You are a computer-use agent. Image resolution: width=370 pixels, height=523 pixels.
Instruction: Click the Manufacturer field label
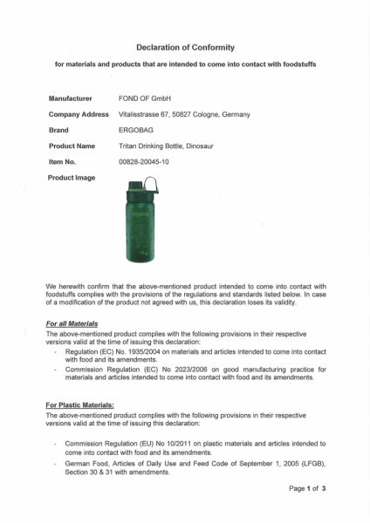pyautogui.click(x=71, y=98)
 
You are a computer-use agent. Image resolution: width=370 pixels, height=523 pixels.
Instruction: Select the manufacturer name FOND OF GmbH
pyautogui.click(x=144, y=98)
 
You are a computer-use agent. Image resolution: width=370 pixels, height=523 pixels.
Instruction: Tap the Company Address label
pyautogui.click(x=79, y=114)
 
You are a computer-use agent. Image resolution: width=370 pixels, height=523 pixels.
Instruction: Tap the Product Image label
pyautogui.click(x=72, y=177)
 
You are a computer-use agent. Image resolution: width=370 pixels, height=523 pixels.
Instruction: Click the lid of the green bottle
pyautogui.click(x=140, y=187)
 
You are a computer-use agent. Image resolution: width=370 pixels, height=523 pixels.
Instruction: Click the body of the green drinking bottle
pyautogui.click(x=140, y=231)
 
